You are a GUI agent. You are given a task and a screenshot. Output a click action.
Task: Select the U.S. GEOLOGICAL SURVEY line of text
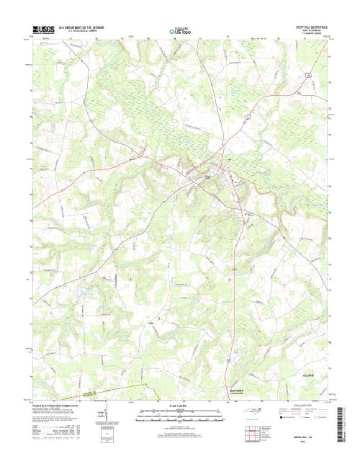tap(82, 31)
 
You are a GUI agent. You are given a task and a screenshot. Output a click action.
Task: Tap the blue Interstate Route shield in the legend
tap(274, 417)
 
